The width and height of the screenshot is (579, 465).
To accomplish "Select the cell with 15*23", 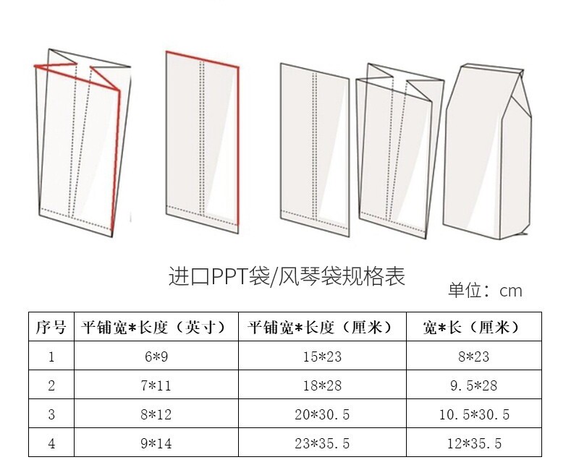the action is point(322,356).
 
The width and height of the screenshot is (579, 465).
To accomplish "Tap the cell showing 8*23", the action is point(474,356).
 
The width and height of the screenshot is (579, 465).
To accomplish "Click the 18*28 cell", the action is point(322,385).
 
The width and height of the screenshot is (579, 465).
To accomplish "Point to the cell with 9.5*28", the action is point(474,385).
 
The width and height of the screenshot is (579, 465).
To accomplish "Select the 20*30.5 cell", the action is point(322,414).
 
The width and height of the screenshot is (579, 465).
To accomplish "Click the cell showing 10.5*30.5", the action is point(474,414).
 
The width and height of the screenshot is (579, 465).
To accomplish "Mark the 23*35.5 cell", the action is point(322,443).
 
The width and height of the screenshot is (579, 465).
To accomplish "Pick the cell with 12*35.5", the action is point(474,443).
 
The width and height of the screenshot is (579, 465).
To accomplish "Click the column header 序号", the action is point(51,327).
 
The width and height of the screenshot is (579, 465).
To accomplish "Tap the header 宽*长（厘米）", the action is point(474,327).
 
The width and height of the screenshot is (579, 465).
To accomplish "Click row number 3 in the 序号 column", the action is point(51,414).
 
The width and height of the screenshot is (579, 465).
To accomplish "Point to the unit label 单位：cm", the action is point(484,291).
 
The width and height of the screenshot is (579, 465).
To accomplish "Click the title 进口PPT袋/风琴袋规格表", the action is point(287,276).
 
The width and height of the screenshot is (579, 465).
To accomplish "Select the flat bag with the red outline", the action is point(203,141).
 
